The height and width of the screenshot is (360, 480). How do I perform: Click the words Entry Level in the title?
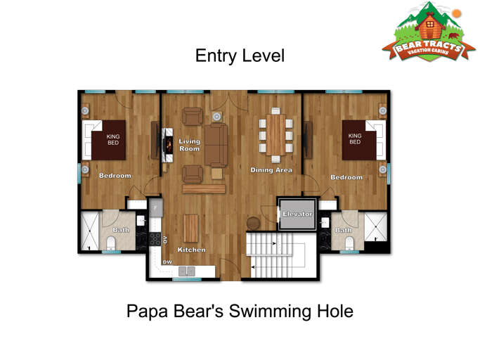pyautogui.click(x=240, y=56)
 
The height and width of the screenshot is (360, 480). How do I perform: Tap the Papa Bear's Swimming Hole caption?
pyautogui.click(x=240, y=311)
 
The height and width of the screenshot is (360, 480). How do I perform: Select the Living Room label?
pyautogui.click(x=189, y=145)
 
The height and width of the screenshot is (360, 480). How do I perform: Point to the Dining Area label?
pyautogui.click(x=271, y=170)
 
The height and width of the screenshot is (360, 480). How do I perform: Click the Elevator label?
pyautogui.click(x=297, y=214)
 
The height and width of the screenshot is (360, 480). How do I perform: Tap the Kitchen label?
pyautogui.click(x=191, y=250)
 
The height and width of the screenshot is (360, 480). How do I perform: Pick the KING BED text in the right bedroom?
pyautogui.click(x=355, y=139)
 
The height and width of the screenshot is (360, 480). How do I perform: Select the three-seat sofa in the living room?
pyautogui.click(x=216, y=145)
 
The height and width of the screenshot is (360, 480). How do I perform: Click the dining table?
pyautogui.click(x=275, y=133)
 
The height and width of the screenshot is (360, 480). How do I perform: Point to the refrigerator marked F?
pyautogui.click(x=155, y=208)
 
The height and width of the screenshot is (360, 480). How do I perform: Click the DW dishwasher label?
pyautogui.click(x=167, y=262)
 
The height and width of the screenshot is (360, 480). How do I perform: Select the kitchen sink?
pyautogui.click(x=187, y=271)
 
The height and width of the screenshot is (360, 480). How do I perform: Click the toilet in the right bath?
pyautogui.click(x=349, y=243)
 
